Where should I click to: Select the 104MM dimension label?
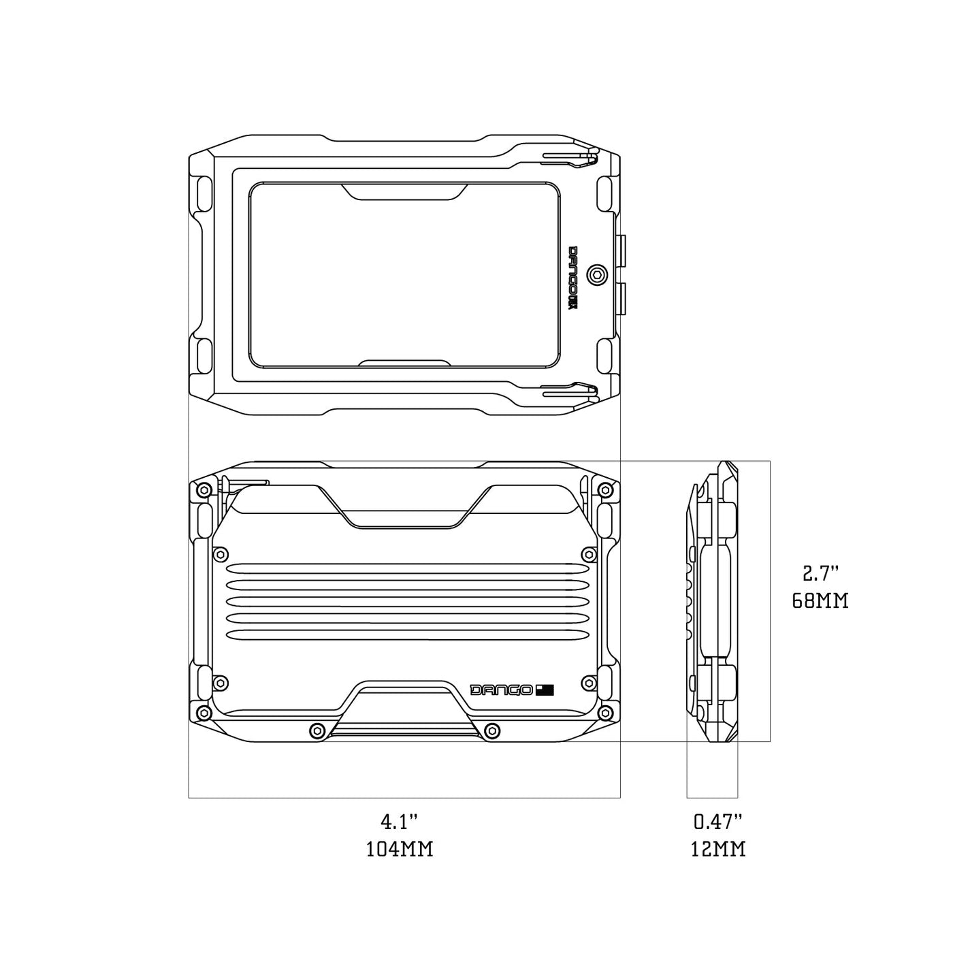pyautogui.click(x=400, y=850)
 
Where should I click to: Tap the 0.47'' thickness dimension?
pyautogui.click(x=718, y=822)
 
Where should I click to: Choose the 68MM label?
pyautogui.click(x=820, y=602)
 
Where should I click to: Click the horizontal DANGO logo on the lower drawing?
pyautogui.click(x=502, y=690)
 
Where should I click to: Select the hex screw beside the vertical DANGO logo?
pyautogui.click(x=598, y=274)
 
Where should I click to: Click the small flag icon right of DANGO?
pyautogui.click(x=545, y=690)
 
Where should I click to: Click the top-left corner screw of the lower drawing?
pyautogui.click(x=202, y=490)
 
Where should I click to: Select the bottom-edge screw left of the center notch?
pyautogui.click(x=315, y=730)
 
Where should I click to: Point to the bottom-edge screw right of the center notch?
pyautogui.click(x=491, y=730)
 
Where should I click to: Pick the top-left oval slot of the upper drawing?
pyautogui.click(x=204, y=194)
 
